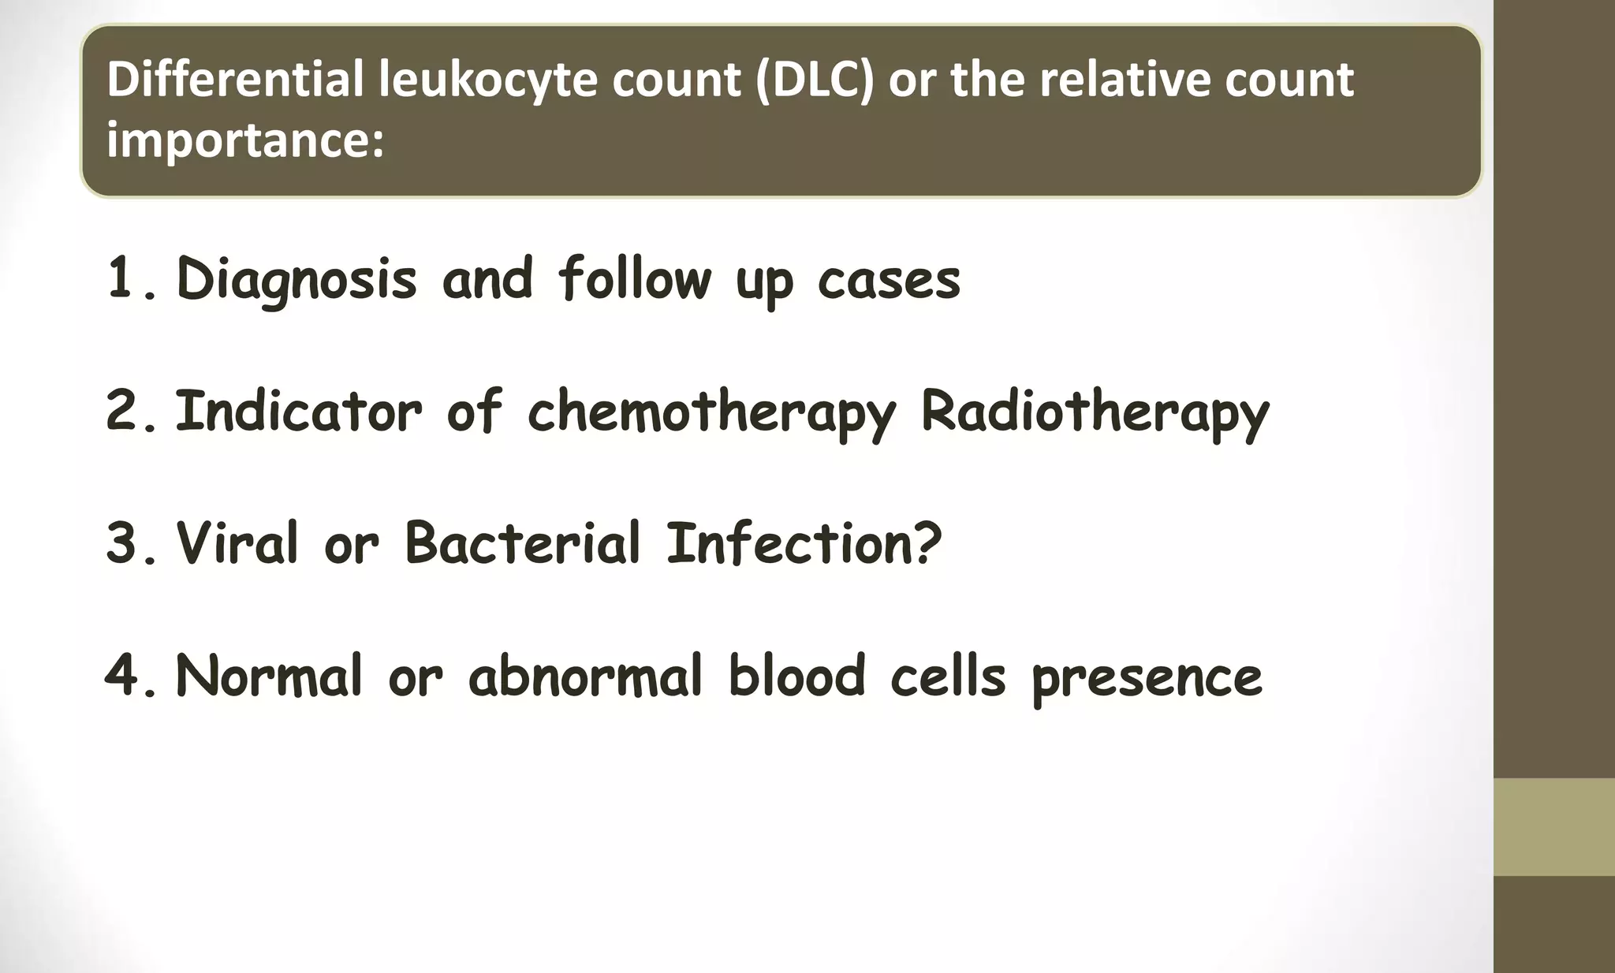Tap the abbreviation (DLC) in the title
tap(815, 80)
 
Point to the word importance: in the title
tap(244, 140)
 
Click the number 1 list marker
tap(121, 278)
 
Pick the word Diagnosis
tap(296, 280)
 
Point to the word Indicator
tap(298, 412)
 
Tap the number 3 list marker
tap(121, 544)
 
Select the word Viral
tap(237, 544)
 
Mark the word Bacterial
tap(522, 544)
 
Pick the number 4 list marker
tap(121, 677)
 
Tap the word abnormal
tap(584, 677)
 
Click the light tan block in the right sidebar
tap(1553, 826)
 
